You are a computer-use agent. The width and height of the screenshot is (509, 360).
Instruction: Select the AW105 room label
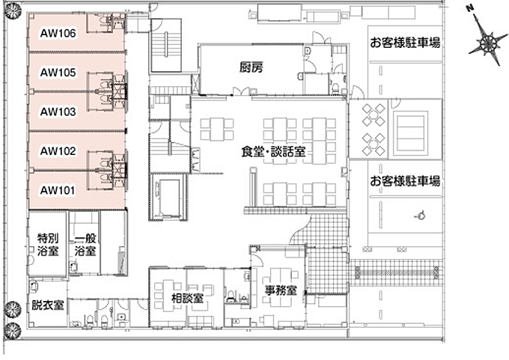click(57, 73)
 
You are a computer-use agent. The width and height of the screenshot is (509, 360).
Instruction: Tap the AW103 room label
click(57, 112)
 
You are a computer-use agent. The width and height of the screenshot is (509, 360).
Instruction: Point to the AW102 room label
click(57, 150)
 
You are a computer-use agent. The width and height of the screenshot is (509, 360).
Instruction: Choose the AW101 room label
click(57, 189)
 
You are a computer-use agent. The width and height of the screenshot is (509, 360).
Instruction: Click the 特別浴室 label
click(48, 245)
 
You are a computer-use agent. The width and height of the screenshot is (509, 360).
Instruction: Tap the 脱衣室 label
click(47, 305)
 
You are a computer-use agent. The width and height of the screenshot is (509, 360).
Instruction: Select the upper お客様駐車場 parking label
click(404, 43)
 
